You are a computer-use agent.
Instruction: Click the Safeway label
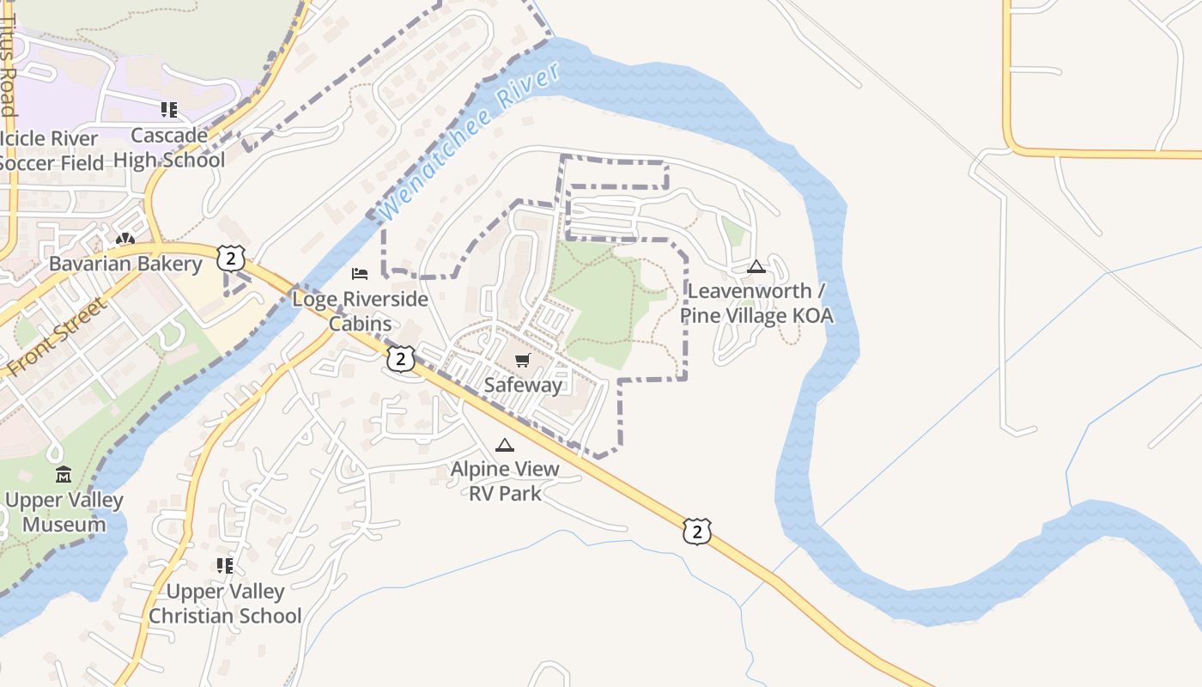[x=523, y=385]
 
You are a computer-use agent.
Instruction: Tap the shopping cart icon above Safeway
[x=523, y=360]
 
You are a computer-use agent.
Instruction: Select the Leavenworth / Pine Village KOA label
[x=756, y=303]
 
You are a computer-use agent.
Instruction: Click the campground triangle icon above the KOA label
[x=756, y=266]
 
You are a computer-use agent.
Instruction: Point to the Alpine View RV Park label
[x=505, y=481]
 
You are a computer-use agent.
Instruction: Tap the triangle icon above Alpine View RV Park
[x=505, y=445]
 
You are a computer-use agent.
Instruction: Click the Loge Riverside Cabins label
[x=360, y=311]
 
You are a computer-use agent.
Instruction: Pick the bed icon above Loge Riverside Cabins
[x=360, y=274]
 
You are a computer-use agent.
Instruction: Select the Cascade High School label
[x=169, y=148]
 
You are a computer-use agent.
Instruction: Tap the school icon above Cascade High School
[x=169, y=110]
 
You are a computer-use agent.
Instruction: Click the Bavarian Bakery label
[x=125, y=264]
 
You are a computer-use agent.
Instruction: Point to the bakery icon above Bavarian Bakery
[x=125, y=239]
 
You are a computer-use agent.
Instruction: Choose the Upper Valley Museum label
[x=64, y=512]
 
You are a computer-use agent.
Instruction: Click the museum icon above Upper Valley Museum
[x=64, y=475]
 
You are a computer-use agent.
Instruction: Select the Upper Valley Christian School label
[x=225, y=604]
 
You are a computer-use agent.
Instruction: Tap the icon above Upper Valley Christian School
[x=225, y=566]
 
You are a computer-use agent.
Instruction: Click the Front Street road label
[x=58, y=337]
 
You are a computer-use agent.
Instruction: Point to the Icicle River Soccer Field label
[x=52, y=150]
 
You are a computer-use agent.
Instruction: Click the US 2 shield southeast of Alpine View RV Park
[x=697, y=532]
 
